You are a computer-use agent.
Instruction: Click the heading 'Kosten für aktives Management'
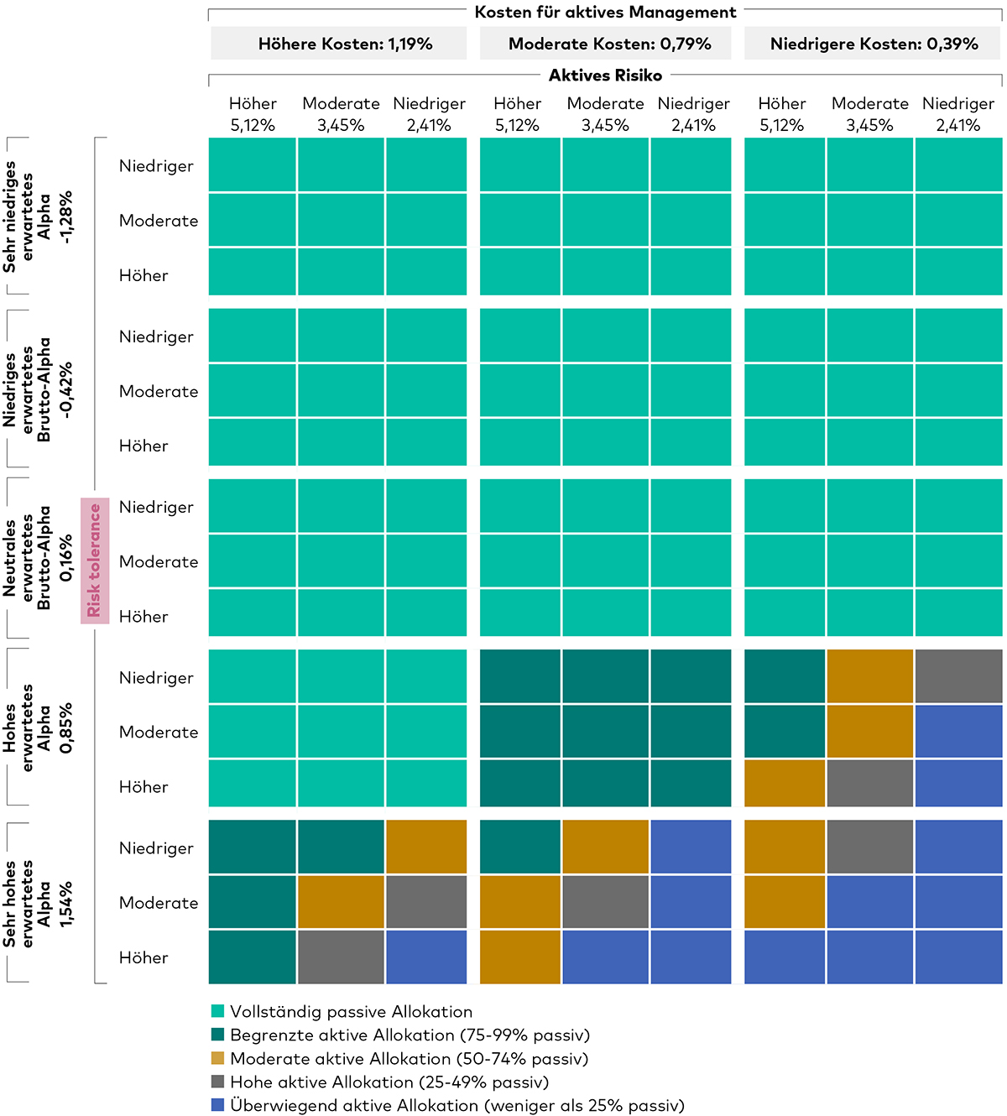[x=605, y=13]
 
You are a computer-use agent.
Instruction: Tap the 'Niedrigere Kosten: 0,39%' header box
[x=874, y=44]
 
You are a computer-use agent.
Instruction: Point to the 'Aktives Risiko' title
[x=605, y=76]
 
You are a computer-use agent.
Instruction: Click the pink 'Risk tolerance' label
[x=95, y=560]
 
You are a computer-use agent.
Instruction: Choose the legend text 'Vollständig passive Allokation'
[x=351, y=1012]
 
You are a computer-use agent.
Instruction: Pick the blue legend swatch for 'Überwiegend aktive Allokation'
[x=218, y=1105]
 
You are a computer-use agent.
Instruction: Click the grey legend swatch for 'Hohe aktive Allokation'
[x=218, y=1082]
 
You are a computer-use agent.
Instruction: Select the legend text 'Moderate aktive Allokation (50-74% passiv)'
[x=409, y=1059]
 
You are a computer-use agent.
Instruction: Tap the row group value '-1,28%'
[x=66, y=216]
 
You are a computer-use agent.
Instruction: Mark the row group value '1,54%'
[x=66, y=903]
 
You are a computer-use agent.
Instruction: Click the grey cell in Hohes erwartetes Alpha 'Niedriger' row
[x=958, y=676]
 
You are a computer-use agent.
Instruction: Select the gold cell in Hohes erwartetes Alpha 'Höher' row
[x=784, y=783]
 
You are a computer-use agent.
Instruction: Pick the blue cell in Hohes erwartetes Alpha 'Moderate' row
[x=958, y=731]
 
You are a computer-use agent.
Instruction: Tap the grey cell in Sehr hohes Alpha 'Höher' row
[x=340, y=957]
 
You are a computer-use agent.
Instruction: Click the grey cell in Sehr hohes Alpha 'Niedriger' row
[x=869, y=847]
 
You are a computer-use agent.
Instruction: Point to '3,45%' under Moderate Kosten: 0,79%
[x=605, y=125]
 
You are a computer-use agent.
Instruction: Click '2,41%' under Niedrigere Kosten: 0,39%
[x=957, y=125]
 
